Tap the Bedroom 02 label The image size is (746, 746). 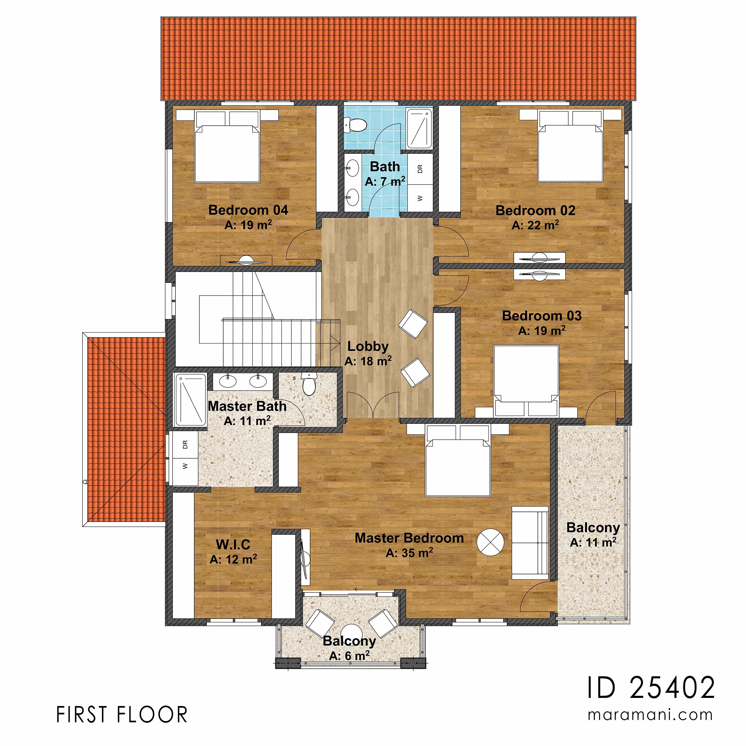click(x=535, y=211)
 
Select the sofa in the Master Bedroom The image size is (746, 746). click(x=530, y=543)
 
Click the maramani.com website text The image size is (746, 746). click(x=650, y=715)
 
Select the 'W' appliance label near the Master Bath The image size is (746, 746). click(x=185, y=466)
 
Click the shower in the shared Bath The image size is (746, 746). click(x=419, y=129)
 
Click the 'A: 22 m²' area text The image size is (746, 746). click(x=535, y=225)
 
